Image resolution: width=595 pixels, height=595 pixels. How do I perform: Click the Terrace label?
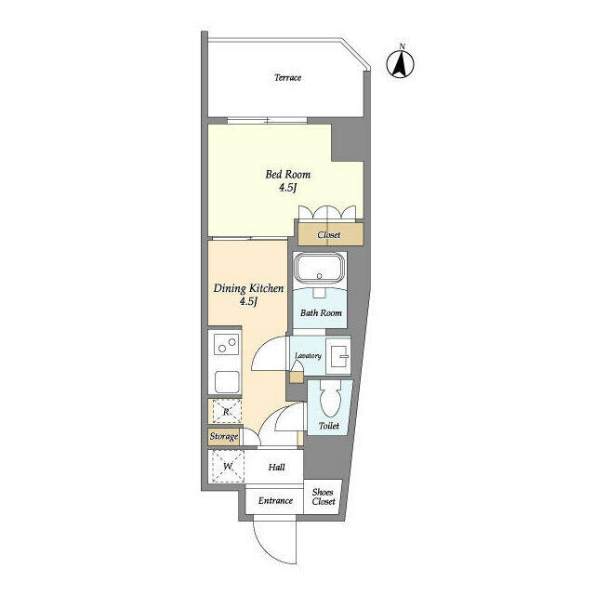tap(287, 78)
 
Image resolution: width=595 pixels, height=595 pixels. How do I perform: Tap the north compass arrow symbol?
tap(401, 64)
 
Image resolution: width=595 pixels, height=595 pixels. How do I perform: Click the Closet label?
tap(328, 235)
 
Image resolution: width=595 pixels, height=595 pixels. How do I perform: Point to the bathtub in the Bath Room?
tap(320, 268)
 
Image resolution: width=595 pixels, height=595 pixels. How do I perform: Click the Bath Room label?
tap(321, 313)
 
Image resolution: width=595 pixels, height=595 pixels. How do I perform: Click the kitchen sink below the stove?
tap(227, 382)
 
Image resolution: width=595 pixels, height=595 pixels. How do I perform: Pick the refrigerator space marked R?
tap(227, 411)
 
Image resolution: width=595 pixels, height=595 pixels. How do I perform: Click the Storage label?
tap(224, 437)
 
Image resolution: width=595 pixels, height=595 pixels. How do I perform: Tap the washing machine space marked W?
tap(228, 467)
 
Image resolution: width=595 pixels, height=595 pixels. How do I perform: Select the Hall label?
tap(276, 467)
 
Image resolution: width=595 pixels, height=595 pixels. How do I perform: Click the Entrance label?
tap(275, 501)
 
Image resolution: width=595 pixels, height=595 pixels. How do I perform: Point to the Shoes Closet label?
tap(324, 496)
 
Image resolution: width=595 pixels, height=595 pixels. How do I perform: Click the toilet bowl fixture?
tap(331, 400)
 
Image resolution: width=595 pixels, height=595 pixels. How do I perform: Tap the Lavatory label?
tap(308, 356)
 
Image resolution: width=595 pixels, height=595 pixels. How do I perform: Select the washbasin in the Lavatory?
tap(338, 356)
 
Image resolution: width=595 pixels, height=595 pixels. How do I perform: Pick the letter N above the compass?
tap(403, 46)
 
